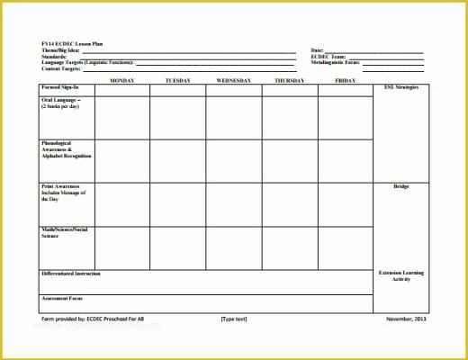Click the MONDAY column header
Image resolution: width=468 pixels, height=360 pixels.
click(122, 80)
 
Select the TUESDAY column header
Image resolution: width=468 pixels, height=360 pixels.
click(178, 80)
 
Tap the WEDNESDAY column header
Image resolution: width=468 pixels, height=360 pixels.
click(234, 80)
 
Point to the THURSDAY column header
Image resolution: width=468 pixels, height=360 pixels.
click(289, 80)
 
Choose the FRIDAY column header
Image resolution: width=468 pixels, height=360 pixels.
click(345, 80)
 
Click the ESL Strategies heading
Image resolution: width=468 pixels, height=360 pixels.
click(400, 87)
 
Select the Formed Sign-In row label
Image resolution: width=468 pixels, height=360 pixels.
click(60, 87)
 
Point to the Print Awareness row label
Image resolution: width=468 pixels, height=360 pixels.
click(63, 191)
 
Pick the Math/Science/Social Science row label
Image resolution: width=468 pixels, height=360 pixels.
click(64, 233)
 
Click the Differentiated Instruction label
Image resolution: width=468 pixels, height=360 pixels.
click(71, 273)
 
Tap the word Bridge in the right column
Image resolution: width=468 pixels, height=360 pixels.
click(400, 186)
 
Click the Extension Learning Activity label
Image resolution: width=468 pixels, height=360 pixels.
click(400, 275)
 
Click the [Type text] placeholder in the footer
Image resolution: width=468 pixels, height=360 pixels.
click(234, 319)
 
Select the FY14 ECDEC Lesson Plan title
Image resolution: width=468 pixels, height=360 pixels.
click(72, 43)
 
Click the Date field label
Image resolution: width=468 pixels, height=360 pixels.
click(317, 50)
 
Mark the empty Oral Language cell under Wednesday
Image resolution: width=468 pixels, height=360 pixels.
click(234, 118)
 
